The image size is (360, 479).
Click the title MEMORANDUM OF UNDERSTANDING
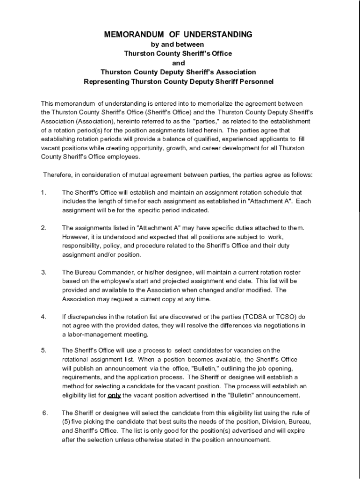tap(178, 35)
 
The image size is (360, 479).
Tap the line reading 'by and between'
tap(178, 44)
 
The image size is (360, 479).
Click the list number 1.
tap(43, 192)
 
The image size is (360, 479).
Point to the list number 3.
tap(43, 272)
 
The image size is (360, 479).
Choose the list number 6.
tap(45, 413)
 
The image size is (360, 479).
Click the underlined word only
tap(114, 395)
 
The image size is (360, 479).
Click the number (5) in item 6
tap(66, 422)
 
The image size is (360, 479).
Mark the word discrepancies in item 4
tap(88, 317)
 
